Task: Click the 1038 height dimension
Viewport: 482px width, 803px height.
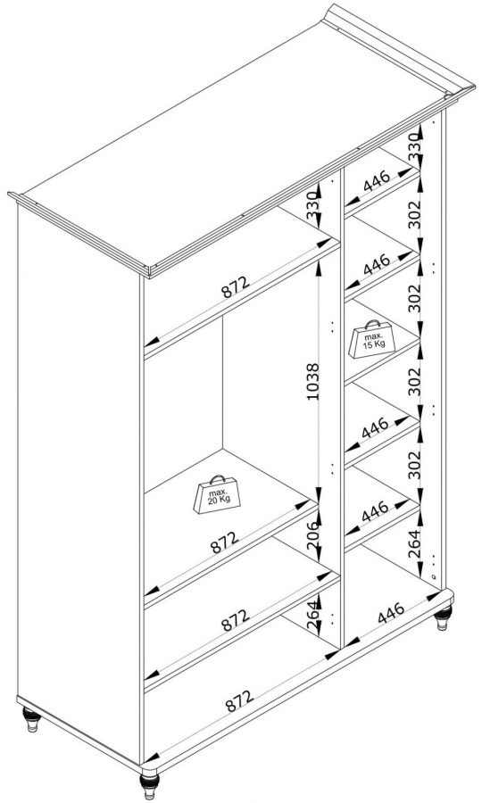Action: (314, 382)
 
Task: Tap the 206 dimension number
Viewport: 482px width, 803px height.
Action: (313, 535)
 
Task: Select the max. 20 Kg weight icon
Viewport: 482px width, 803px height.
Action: (216, 494)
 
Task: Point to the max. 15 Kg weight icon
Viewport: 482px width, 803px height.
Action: (372, 339)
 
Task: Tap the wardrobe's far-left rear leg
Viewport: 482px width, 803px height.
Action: (32, 719)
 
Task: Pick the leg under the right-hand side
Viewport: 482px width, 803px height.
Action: (443, 618)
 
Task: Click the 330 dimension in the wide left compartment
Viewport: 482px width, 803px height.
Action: (314, 206)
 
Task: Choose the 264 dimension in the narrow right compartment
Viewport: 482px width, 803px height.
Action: (415, 544)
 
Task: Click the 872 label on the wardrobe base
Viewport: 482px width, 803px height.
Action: (239, 700)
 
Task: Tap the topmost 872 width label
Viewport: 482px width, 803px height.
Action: (235, 287)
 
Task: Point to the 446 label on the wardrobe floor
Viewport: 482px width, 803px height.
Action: (390, 613)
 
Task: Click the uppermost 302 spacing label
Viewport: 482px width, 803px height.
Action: (415, 214)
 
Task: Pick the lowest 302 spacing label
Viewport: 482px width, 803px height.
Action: (415, 465)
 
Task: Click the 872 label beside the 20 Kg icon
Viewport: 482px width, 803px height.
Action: (224, 542)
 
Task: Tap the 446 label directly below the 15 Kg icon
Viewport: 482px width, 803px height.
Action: (376, 428)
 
